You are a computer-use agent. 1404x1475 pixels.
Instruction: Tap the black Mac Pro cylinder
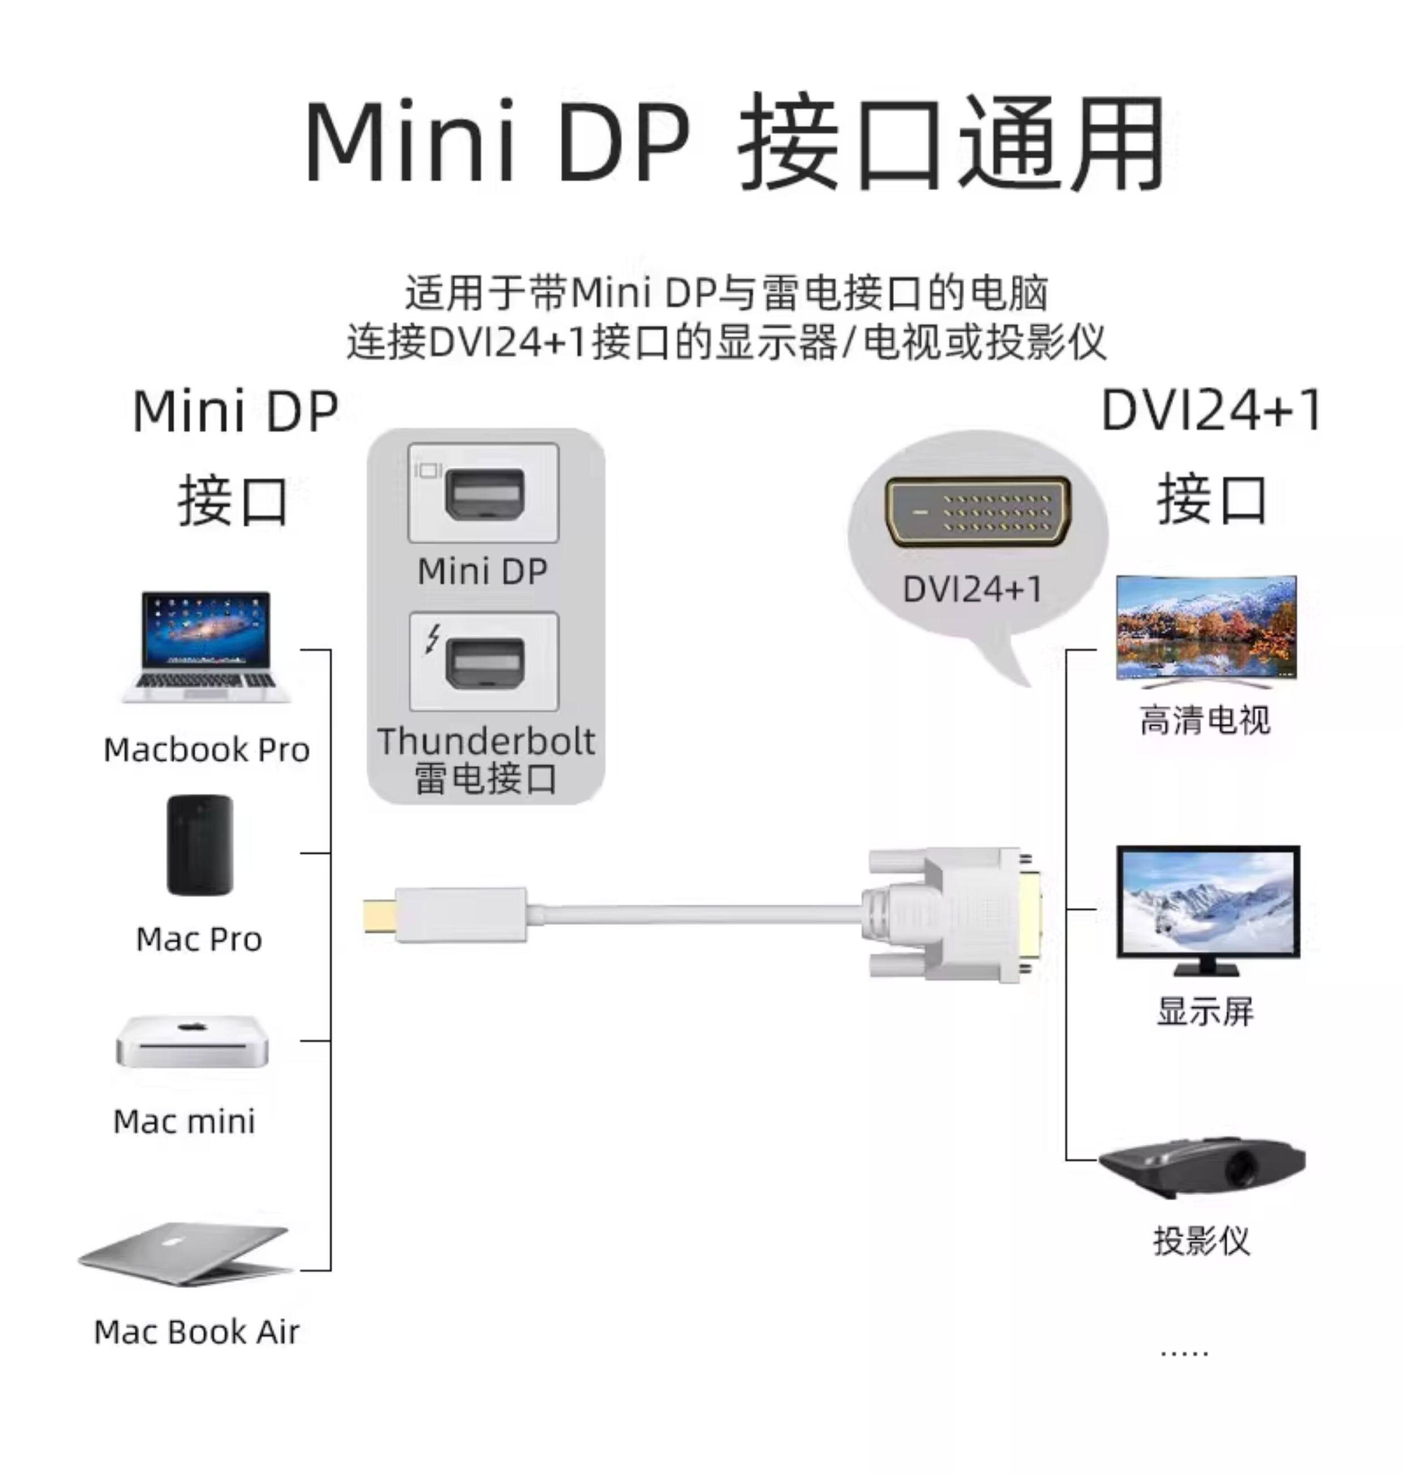pos(199,845)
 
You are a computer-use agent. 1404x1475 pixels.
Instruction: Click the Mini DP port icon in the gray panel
pos(483,494)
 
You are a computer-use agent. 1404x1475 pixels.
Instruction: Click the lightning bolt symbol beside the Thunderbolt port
pos(432,639)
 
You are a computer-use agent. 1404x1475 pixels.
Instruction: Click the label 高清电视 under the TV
pos(1205,721)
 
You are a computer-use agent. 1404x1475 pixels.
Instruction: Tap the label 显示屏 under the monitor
pos(1205,1011)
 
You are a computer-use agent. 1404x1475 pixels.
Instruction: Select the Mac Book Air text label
pos(196,1332)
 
